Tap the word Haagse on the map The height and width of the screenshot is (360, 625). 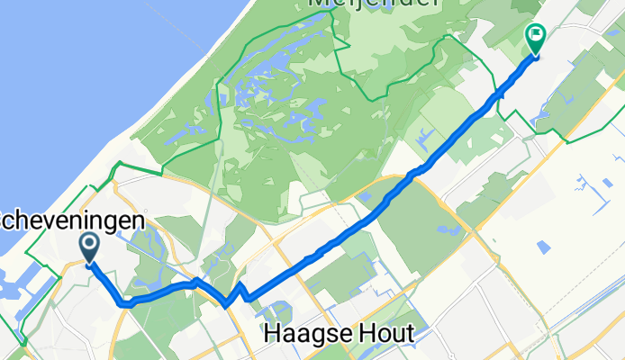coord(303,335)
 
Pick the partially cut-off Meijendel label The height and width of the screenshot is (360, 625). coord(375,4)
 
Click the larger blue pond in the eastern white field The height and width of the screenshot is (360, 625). coord(543,246)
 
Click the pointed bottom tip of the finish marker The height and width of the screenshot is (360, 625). coord(534,57)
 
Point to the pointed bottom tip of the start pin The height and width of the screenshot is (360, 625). coord(90,264)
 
